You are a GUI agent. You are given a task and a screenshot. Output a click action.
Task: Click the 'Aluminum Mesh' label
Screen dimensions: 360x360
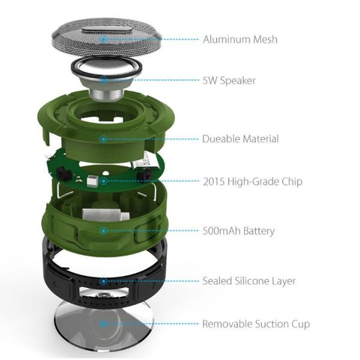coord(240,39)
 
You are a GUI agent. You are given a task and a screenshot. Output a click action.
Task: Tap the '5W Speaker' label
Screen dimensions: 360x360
coord(229,80)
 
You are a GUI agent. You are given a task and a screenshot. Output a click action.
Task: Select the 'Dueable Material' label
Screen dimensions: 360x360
coord(241,139)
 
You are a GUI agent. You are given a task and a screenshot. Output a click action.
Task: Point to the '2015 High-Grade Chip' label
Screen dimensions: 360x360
coord(253,181)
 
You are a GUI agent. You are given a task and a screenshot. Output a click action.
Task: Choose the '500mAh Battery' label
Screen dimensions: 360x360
coord(239,231)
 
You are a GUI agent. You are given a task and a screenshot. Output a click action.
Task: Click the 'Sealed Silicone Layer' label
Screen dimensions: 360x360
coord(249,281)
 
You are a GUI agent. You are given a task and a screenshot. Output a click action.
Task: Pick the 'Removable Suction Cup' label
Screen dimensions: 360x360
coord(256,324)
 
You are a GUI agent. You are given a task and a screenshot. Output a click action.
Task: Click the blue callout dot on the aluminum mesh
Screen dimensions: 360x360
coord(104,39)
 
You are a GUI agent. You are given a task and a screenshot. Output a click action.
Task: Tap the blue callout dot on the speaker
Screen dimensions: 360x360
coord(104,80)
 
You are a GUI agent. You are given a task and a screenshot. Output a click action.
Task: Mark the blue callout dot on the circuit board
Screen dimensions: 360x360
coord(104,181)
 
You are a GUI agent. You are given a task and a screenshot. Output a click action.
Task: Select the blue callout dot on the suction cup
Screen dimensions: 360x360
coord(104,324)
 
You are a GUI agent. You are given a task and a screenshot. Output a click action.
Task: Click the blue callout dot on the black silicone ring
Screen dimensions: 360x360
coord(104,281)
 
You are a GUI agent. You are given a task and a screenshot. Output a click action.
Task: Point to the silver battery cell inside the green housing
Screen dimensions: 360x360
coord(106,215)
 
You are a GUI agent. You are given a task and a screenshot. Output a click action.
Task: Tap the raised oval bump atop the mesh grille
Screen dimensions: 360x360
coord(106,30)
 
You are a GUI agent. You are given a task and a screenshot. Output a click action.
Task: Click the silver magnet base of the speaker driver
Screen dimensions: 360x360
coord(106,95)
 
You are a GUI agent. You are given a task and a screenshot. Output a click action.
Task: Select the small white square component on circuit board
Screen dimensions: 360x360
coord(92,180)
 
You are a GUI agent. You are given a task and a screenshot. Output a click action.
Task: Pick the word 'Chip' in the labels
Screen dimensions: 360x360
coord(292,182)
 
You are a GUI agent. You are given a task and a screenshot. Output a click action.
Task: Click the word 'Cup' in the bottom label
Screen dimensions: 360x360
coord(301,325)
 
